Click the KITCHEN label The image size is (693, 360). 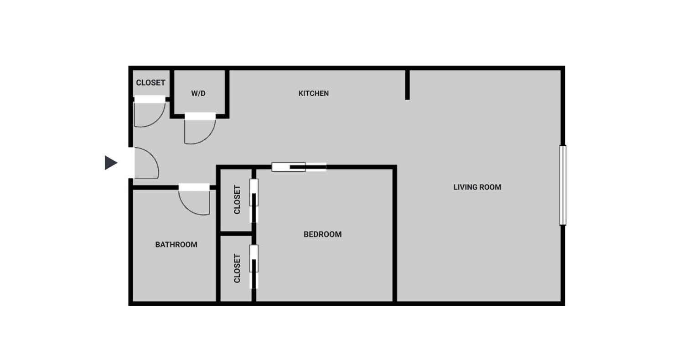pyautogui.click(x=313, y=93)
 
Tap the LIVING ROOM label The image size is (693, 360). pyautogui.click(x=477, y=187)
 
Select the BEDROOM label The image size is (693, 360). pyautogui.click(x=322, y=234)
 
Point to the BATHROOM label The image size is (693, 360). pyautogui.click(x=176, y=245)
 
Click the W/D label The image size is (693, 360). pyautogui.click(x=198, y=93)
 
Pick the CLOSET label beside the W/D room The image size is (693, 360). pyautogui.click(x=150, y=83)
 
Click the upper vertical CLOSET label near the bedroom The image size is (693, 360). pyautogui.click(x=237, y=200)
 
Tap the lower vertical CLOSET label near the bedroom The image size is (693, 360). pyautogui.click(x=237, y=268)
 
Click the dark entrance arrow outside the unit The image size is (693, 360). pyautogui.click(x=111, y=163)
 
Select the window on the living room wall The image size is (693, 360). pyautogui.click(x=563, y=185)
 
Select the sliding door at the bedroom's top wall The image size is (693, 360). pyautogui.click(x=299, y=167)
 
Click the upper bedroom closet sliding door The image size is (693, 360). pyautogui.click(x=253, y=201)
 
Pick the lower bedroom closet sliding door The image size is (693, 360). pyautogui.click(x=253, y=267)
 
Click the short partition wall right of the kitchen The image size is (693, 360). pyautogui.click(x=408, y=85)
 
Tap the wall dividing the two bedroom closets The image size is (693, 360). pyautogui.click(x=236, y=233)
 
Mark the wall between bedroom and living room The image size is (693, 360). pyautogui.click(x=395, y=234)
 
